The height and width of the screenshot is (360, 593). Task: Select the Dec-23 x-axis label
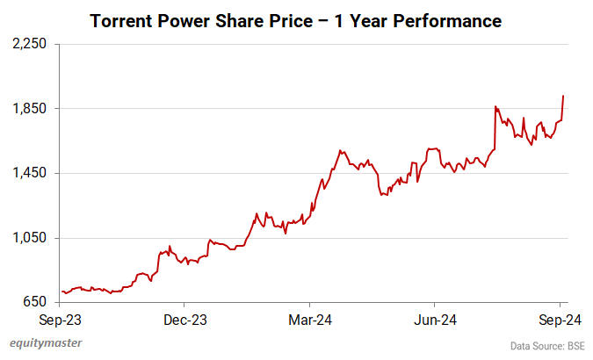click(186, 320)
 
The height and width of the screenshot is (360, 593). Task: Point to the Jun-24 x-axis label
click(435, 320)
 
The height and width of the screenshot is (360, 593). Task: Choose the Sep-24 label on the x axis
click(558, 320)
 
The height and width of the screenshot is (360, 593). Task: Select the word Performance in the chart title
click(455, 19)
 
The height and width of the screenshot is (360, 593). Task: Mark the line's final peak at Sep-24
click(563, 96)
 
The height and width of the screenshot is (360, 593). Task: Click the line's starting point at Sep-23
click(62, 292)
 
